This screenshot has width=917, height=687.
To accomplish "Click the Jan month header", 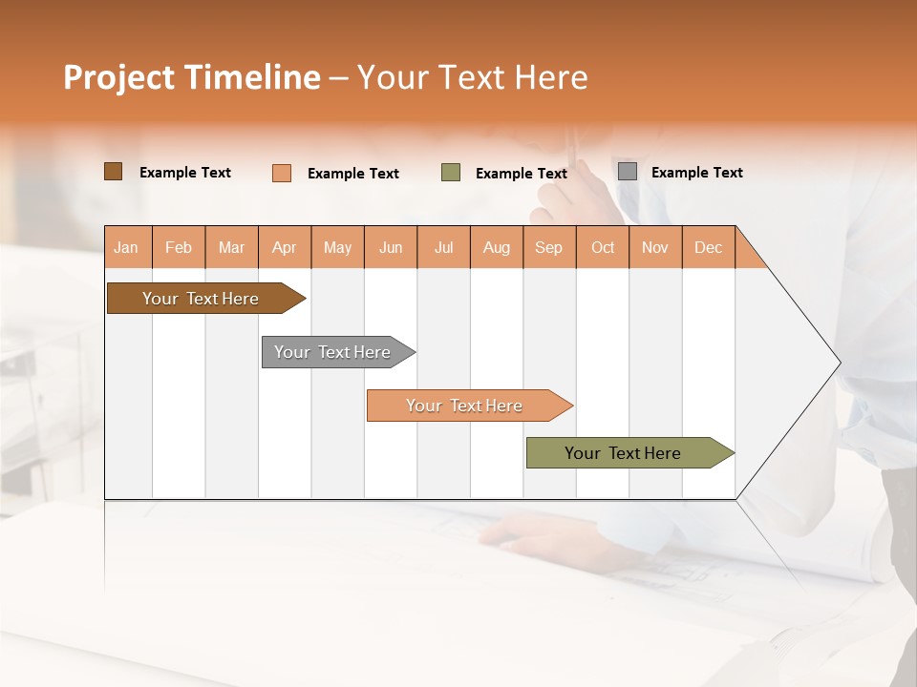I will pyautogui.click(x=127, y=247).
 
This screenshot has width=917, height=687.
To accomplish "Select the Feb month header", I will pyautogui.click(x=179, y=247).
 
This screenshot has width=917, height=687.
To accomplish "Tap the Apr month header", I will pyautogui.click(x=285, y=247).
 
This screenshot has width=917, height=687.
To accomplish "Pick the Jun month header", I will pyautogui.click(x=391, y=247).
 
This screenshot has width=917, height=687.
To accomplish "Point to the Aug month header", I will pyautogui.click(x=497, y=247).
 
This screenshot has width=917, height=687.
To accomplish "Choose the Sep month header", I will pyautogui.click(x=549, y=247).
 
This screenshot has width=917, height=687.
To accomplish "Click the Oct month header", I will pyautogui.click(x=603, y=247).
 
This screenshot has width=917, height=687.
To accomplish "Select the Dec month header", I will pyautogui.click(x=709, y=247).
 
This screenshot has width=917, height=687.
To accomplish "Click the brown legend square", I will pyautogui.click(x=113, y=172).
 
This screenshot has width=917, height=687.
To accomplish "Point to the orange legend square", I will pyautogui.click(x=282, y=173).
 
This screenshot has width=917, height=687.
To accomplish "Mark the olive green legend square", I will pyautogui.click(x=451, y=173).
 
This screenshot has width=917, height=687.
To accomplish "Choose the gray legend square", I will pyautogui.click(x=628, y=172).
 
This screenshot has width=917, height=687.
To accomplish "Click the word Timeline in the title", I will pyautogui.click(x=251, y=77).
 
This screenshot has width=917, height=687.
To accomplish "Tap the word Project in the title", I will pyautogui.click(x=118, y=77).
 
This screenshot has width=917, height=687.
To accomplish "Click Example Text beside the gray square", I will pyautogui.click(x=696, y=173).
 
